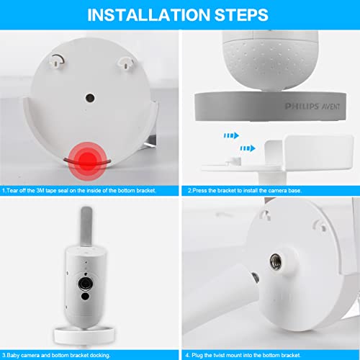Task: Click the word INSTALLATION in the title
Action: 149,15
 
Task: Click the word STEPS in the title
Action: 241,15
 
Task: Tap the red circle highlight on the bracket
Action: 87,159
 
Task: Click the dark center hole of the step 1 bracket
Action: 90,98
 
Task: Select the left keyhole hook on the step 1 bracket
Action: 57,60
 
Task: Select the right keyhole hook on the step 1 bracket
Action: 125,63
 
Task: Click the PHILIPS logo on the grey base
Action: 302,106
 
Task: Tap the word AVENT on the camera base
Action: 330,107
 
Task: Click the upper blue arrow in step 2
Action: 231,135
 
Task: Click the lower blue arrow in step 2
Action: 248,148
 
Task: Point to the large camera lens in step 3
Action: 85,284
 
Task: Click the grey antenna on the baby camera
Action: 86,226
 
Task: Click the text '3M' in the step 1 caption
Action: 40,191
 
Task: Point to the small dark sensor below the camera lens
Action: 85,296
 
